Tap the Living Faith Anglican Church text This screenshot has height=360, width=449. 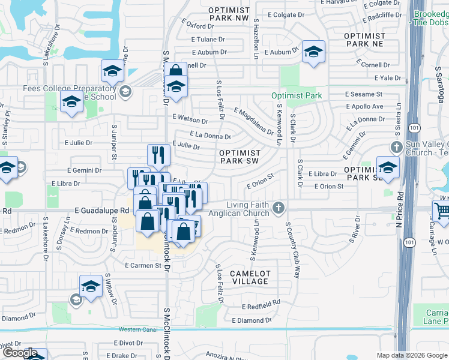238,209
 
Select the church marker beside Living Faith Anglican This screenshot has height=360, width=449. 277,208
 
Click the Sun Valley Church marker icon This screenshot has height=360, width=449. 396,147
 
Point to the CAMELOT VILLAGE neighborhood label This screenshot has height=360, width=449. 250,277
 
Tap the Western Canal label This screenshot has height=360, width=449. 137,329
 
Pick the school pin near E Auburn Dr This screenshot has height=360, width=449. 313,52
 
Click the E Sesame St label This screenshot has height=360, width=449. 364,94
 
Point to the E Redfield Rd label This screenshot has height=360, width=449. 261,307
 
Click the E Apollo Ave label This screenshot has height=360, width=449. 366,106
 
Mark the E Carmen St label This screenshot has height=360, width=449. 144,265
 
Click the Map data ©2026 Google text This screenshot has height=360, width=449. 410,355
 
